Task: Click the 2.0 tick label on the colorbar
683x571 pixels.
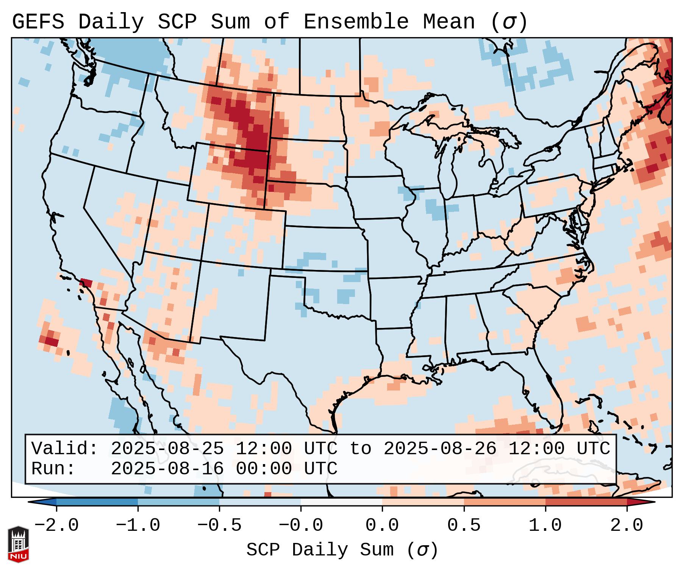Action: [x=627, y=525]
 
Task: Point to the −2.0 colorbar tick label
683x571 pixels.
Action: [x=56, y=525]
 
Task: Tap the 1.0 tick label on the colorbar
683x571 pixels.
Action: [x=545, y=525]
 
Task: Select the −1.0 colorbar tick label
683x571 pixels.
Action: [x=138, y=525]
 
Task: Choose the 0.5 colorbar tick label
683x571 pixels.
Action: [x=464, y=525]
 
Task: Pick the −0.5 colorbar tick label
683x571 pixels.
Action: [x=219, y=525]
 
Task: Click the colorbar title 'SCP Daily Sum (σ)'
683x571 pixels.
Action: [x=342, y=550]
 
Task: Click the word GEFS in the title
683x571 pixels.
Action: [x=38, y=22]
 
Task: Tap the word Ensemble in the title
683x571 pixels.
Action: [x=356, y=22]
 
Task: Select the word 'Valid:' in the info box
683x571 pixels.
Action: [x=65, y=449]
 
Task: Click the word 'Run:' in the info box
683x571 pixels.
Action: [x=53, y=469]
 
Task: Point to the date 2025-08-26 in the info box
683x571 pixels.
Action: [x=440, y=449]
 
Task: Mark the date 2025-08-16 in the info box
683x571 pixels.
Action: [x=167, y=469]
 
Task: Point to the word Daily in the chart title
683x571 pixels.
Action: [x=111, y=22]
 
